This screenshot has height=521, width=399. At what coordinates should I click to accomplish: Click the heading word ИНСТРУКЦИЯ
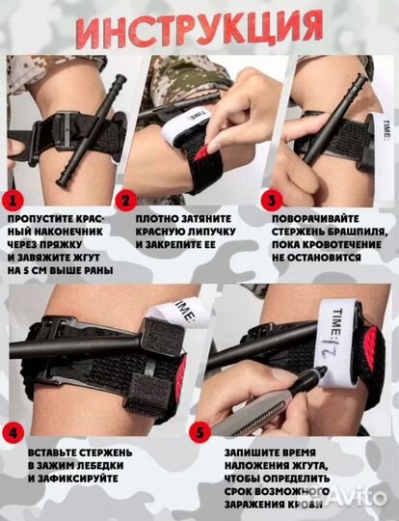pyautogui.click(x=200, y=29)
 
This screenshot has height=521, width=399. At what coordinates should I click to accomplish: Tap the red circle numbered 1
pyautogui.click(x=13, y=201)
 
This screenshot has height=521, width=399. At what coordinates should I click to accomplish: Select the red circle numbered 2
pyautogui.click(x=126, y=201)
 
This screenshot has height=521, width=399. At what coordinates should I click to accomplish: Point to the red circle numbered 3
pyautogui.click(x=272, y=201)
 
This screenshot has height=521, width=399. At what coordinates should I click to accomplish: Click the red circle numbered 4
pyautogui.click(x=13, y=432)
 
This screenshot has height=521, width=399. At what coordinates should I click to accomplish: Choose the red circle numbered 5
pyautogui.click(x=199, y=432)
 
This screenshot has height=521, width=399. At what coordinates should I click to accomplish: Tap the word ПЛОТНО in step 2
pyautogui.click(x=155, y=219)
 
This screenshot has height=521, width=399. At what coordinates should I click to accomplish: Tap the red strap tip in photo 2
pyautogui.click(x=201, y=152)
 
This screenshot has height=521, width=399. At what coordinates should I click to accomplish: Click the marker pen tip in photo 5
pyautogui.click(x=323, y=370)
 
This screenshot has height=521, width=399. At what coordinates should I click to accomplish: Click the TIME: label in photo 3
pyautogui.click(x=386, y=131)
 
